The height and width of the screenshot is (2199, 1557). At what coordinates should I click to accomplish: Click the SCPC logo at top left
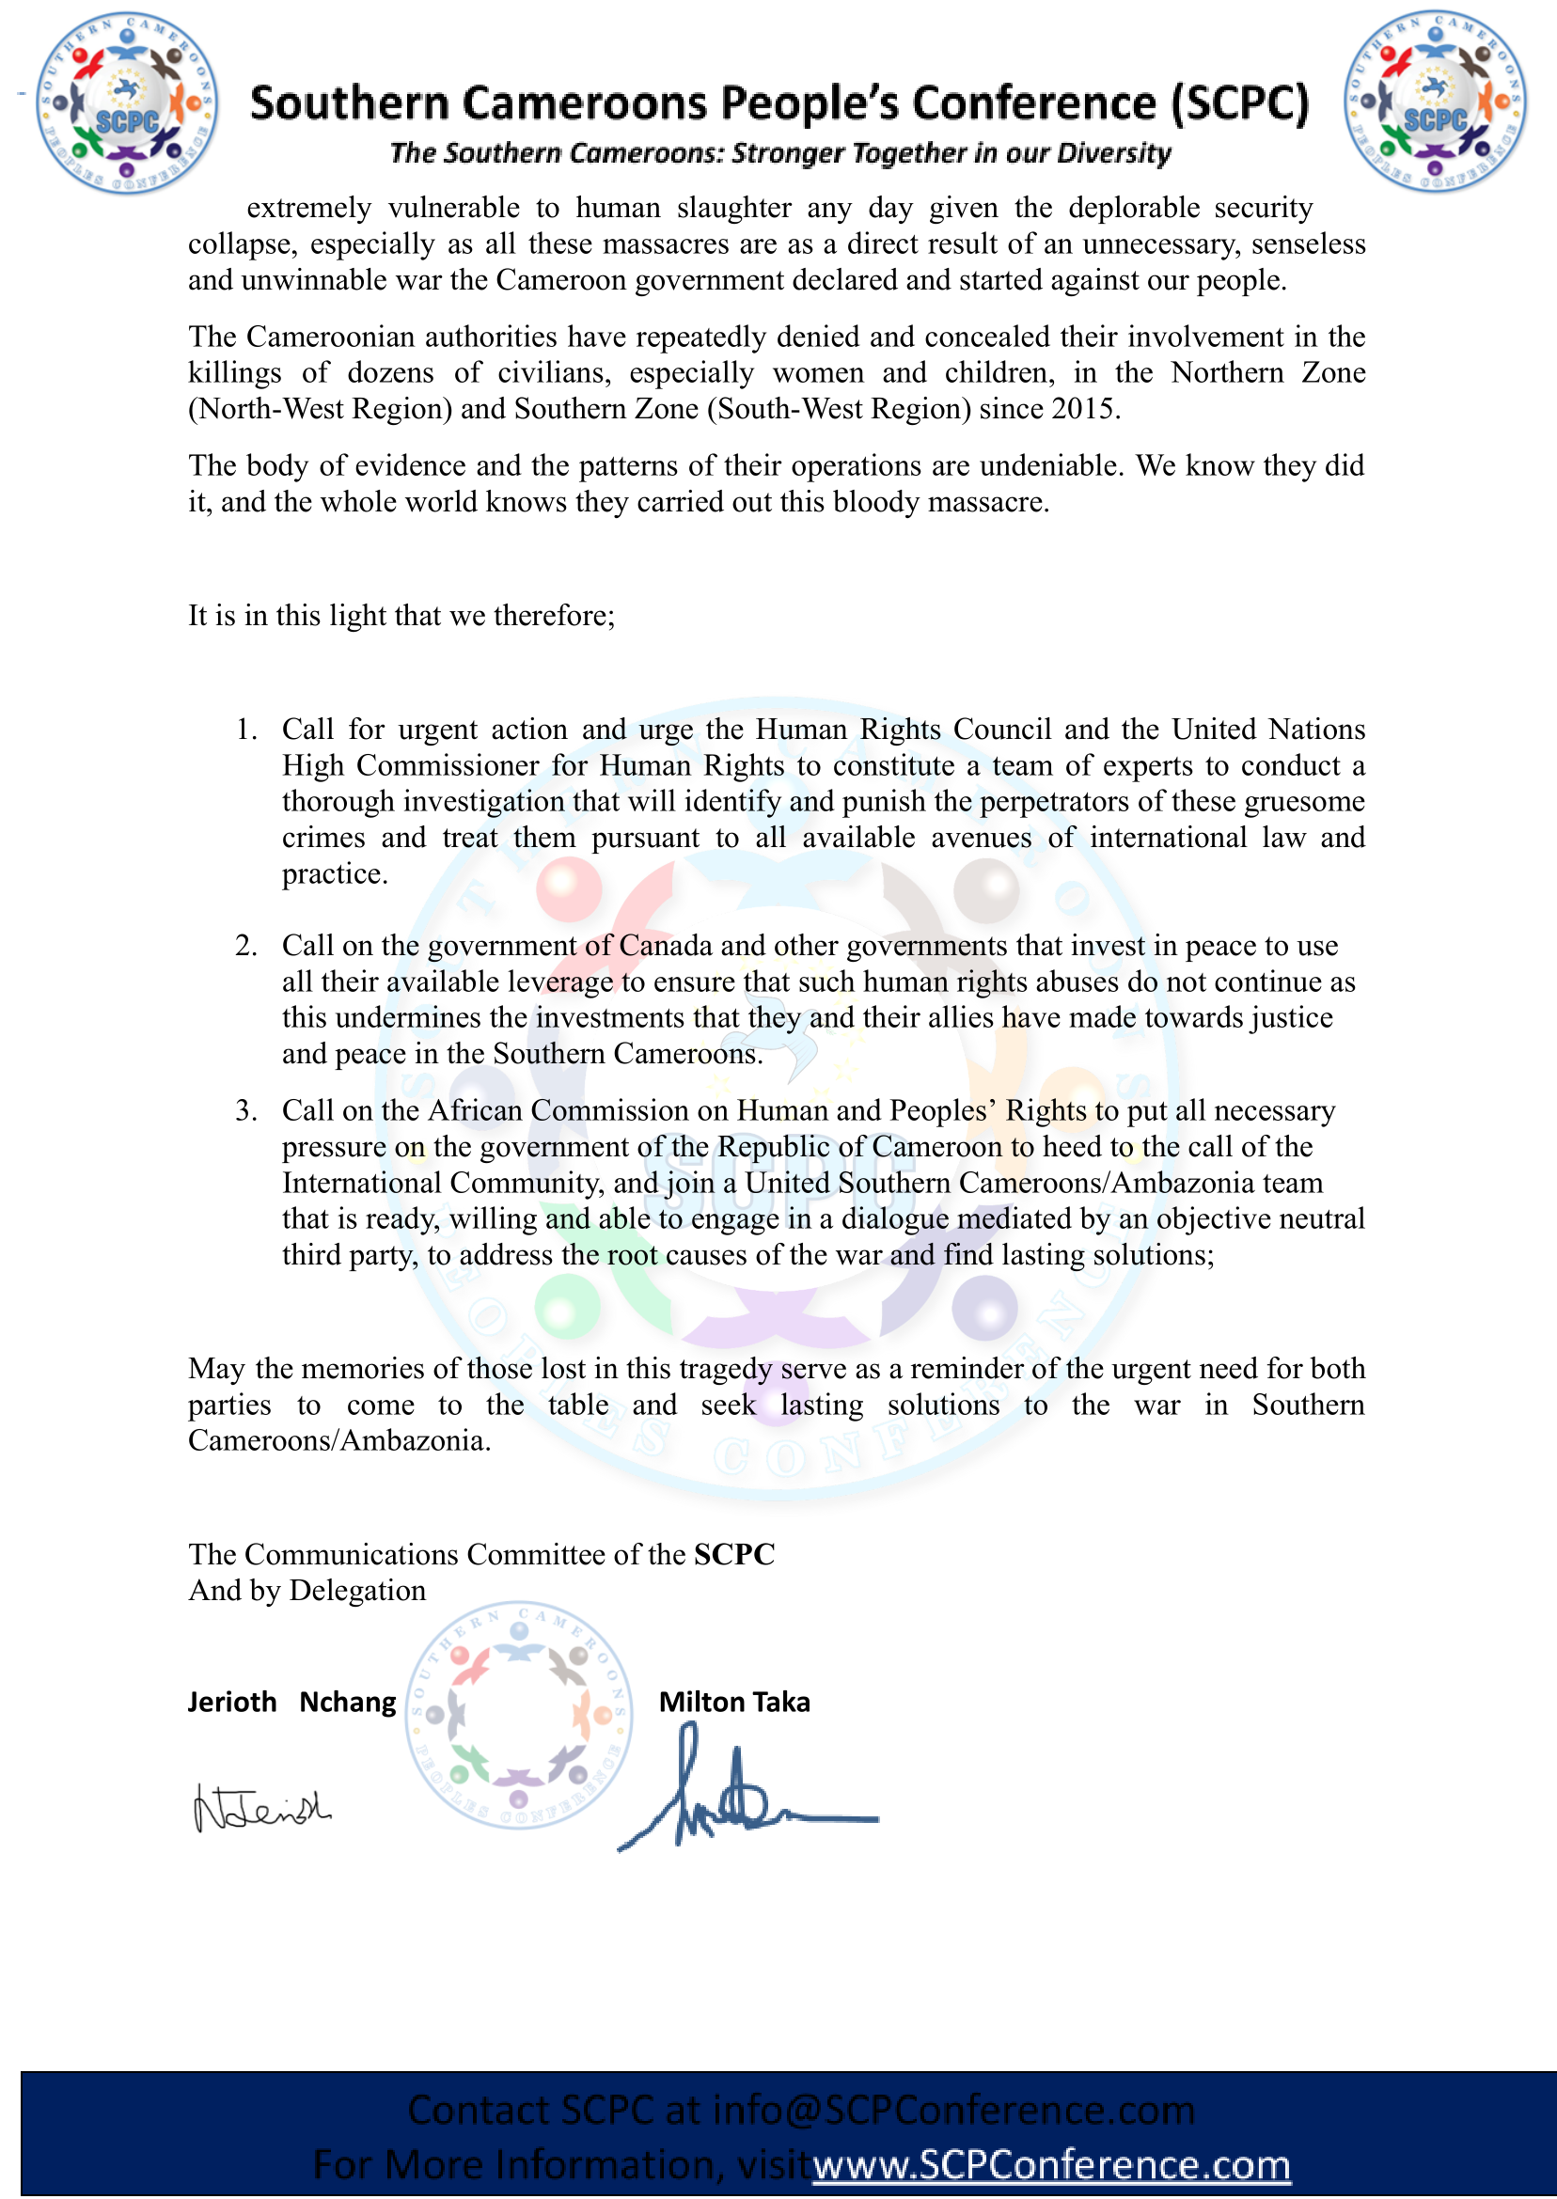(126, 103)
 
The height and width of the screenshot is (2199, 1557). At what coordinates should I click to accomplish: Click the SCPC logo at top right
(1435, 102)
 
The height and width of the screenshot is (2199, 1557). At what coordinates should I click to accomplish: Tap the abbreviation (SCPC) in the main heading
(1239, 103)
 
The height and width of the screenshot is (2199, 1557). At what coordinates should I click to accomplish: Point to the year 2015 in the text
(1083, 409)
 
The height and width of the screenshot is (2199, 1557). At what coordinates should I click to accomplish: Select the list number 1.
(246, 730)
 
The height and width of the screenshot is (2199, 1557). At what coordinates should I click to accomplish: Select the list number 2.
(246, 946)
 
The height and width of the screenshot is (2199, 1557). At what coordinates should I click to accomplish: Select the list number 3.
(246, 1111)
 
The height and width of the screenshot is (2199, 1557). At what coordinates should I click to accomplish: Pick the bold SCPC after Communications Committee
(734, 1554)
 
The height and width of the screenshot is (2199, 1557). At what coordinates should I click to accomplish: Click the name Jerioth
(232, 1702)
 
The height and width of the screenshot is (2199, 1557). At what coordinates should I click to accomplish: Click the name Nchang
(347, 1702)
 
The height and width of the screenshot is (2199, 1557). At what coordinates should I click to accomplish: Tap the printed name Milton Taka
(734, 1702)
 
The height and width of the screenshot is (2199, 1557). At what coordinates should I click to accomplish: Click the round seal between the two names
(519, 1714)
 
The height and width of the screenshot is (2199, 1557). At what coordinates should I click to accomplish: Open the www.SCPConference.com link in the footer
(1051, 2164)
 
